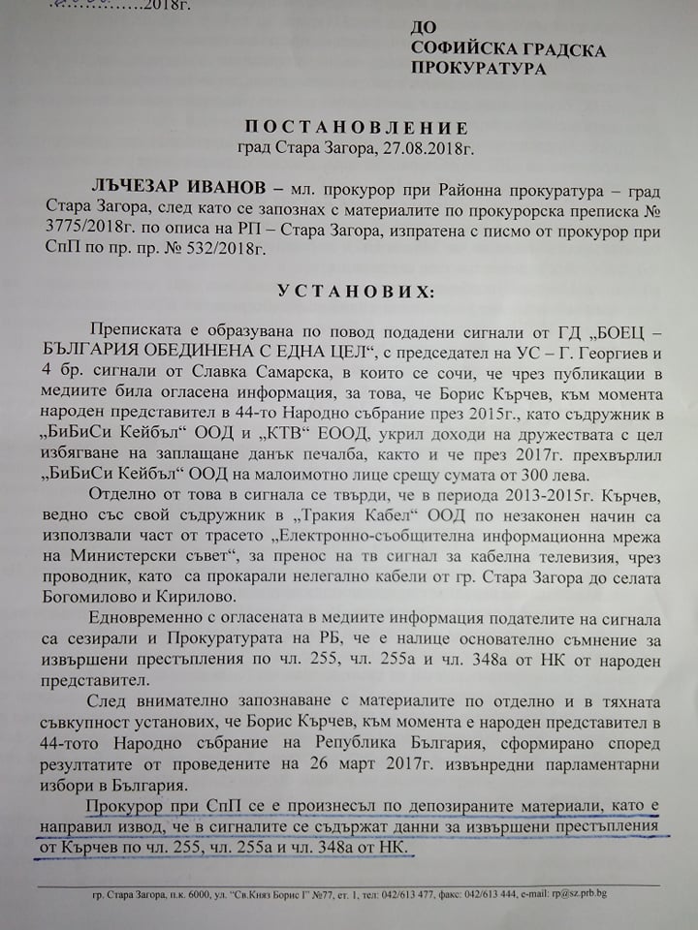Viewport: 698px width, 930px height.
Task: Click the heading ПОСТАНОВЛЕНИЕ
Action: (x=355, y=128)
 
